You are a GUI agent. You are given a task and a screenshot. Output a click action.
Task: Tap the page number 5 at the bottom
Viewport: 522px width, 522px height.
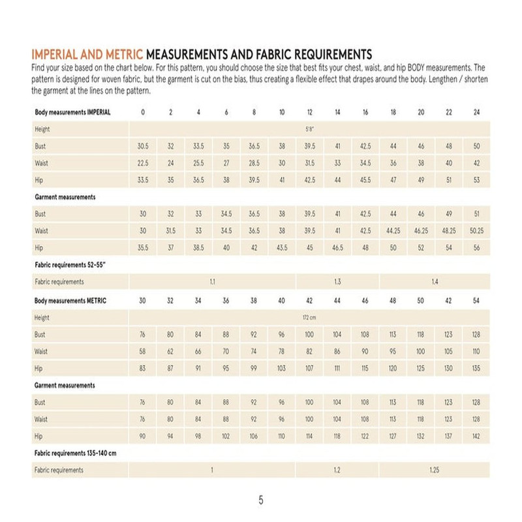261,501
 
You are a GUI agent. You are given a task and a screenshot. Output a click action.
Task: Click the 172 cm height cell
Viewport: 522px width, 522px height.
309,318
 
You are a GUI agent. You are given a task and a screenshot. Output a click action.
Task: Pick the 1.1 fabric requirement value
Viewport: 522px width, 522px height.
212,282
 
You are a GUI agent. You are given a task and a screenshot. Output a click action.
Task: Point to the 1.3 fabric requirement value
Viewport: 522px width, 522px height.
337,282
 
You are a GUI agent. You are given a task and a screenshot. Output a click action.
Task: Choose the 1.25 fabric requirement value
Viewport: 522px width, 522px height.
435,470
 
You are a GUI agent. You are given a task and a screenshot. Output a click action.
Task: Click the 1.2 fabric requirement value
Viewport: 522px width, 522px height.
337,470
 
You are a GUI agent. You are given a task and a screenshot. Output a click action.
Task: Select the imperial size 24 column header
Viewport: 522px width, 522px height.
476,112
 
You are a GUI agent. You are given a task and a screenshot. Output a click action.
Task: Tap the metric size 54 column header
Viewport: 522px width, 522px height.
476,301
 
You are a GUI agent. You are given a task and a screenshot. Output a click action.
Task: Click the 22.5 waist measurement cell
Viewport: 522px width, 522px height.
143,163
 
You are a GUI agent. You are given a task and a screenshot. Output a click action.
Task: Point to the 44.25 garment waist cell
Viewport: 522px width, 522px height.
393,230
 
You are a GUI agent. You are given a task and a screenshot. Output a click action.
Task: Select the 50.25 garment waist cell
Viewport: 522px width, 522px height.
476,230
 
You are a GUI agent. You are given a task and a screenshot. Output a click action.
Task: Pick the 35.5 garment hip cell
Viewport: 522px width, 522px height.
143,247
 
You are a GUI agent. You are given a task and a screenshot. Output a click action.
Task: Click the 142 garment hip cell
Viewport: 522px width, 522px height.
476,435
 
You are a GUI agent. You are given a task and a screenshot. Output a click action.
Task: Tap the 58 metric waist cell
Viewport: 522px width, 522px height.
143,352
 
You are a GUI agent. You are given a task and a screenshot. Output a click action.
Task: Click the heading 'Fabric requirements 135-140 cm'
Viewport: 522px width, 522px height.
76,452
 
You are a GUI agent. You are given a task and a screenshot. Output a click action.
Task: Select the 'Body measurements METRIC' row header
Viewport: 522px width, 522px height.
70,301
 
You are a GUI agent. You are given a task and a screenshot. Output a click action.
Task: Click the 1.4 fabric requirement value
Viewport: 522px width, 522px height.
435,282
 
